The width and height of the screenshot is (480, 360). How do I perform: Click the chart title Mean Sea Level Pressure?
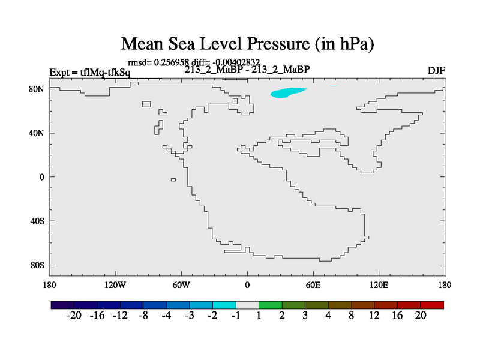tap(248, 43)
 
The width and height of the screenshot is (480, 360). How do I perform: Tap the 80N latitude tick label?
tap(37, 89)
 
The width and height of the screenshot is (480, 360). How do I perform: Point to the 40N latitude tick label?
tap(37, 133)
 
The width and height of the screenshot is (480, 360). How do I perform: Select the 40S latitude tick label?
tap(38, 221)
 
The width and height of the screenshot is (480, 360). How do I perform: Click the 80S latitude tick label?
tap(38, 265)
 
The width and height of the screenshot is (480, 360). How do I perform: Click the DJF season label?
tap(436, 71)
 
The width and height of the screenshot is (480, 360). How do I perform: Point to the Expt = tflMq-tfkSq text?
tap(89, 73)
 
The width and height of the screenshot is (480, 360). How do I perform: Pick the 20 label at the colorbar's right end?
tap(420, 316)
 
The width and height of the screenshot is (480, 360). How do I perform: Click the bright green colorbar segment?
tap(271, 305)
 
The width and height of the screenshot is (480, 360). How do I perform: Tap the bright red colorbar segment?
tap(433, 305)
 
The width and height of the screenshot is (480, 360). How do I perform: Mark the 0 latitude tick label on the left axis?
tap(43, 177)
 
